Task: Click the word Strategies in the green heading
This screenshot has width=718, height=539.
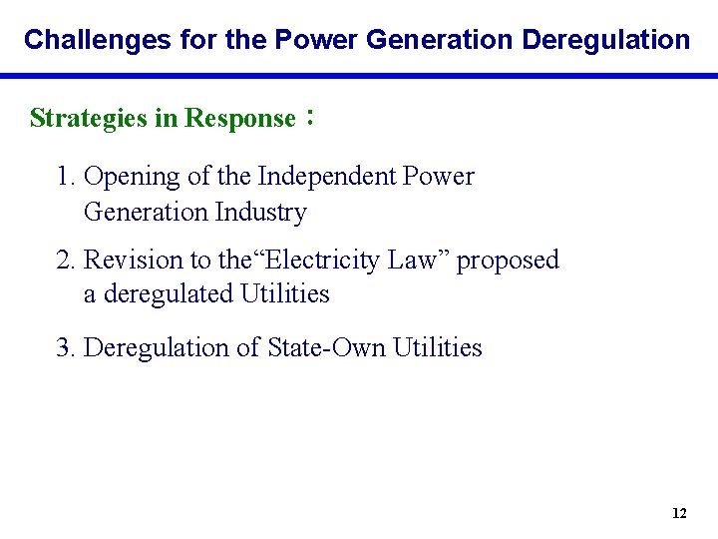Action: [89, 119]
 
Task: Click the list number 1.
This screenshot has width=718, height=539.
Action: [67, 177]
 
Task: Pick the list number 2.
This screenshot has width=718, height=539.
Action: [67, 261]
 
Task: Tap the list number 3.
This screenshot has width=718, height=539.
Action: [67, 348]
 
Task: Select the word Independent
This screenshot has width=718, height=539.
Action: [326, 177]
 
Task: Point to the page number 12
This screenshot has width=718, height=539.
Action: [679, 513]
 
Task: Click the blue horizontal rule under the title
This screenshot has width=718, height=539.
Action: [359, 75]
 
